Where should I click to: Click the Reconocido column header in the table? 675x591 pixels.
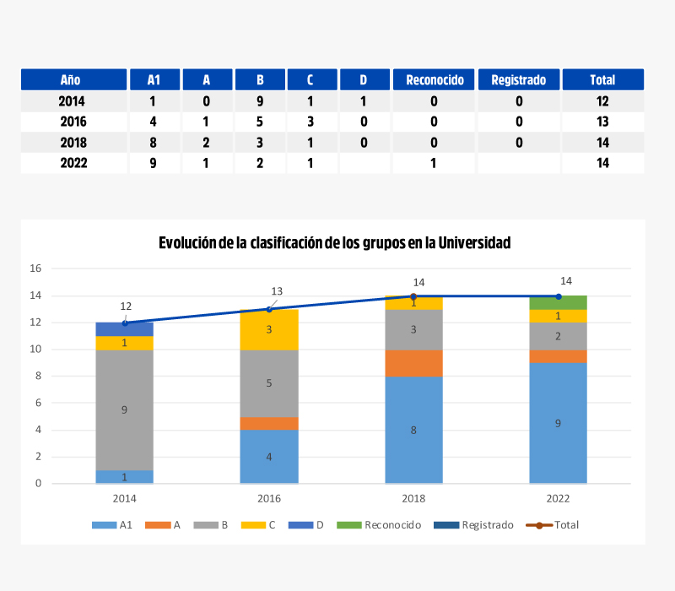[435, 80]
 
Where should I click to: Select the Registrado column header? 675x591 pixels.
[518, 80]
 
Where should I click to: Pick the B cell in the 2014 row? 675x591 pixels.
[260, 101]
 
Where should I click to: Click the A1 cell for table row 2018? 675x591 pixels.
[153, 143]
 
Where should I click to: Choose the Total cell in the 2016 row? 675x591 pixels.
[602, 122]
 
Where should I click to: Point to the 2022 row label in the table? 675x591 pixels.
[73, 163]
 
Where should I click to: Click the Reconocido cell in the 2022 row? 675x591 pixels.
[434, 163]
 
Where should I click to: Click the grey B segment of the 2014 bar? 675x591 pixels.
[125, 410]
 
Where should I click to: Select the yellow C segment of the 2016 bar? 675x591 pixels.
[269, 330]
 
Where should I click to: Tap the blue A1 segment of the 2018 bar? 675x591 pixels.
[413, 430]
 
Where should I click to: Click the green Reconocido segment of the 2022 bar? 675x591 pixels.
[558, 303]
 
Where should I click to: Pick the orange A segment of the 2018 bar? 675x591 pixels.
[413, 363]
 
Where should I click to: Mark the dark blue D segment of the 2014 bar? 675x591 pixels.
[125, 329]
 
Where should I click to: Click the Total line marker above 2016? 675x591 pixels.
[269, 309]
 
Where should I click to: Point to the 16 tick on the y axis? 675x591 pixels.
[35, 268]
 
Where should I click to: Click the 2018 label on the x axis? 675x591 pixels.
[413, 498]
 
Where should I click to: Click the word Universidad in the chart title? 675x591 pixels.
[472, 243]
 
